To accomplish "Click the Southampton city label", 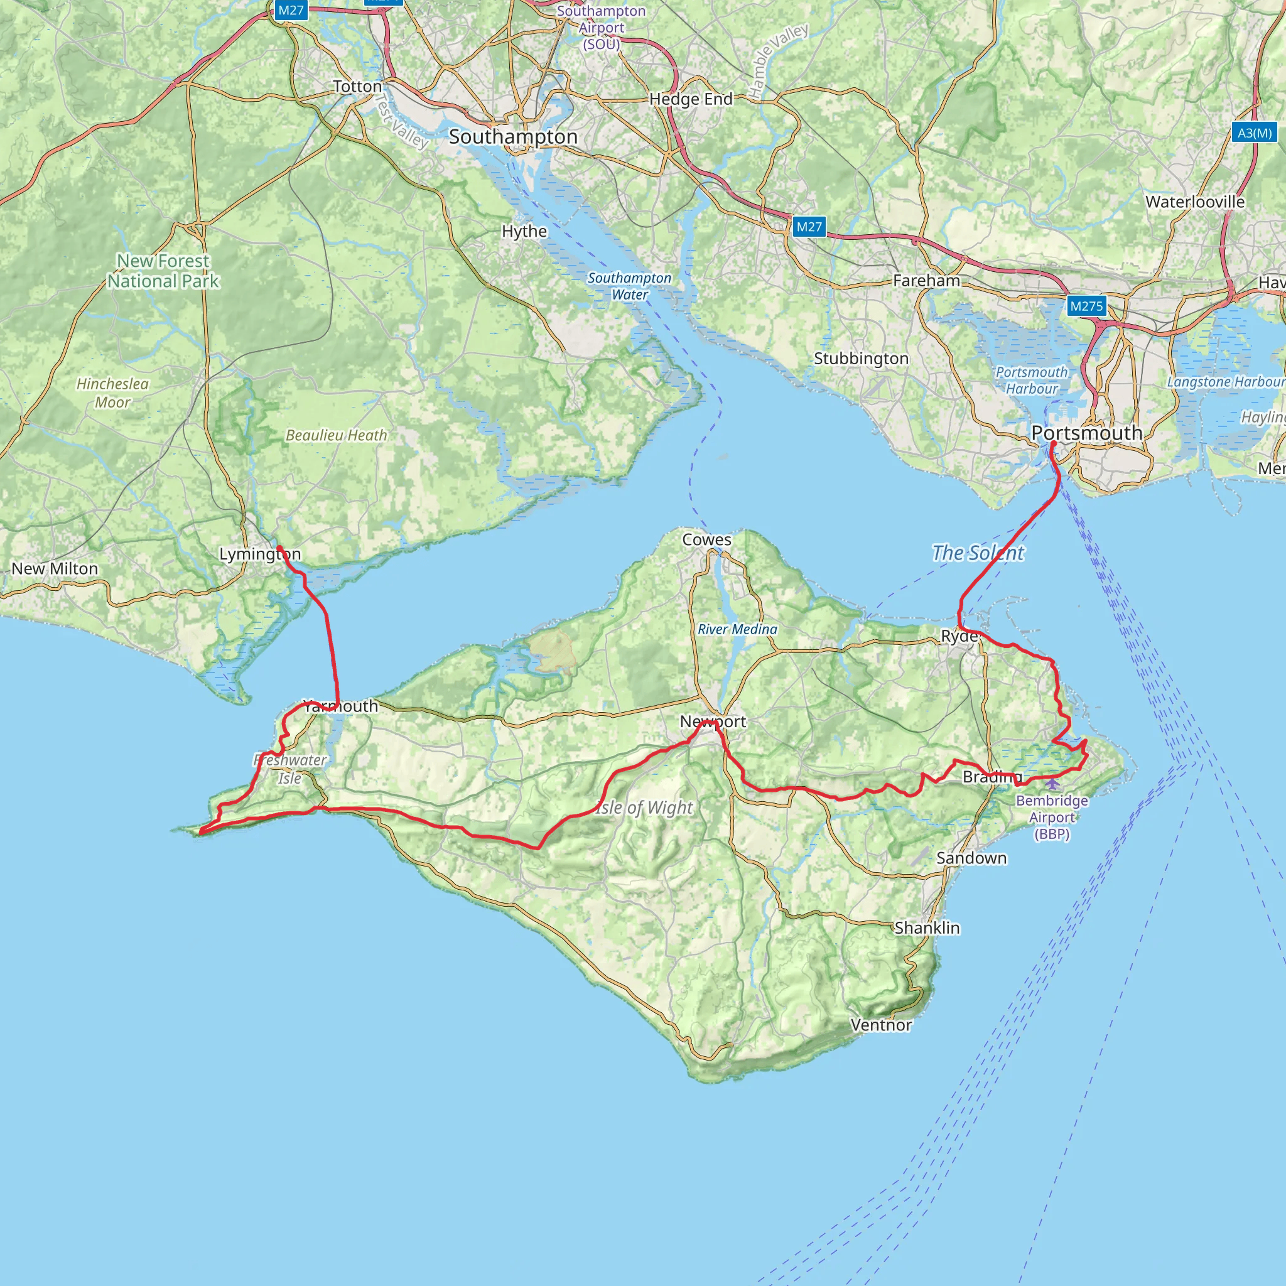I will tap(513, 137).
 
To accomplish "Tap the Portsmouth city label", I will tap(1086, 433).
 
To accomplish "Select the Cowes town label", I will tap(706, 540).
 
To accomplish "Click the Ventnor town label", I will tap(880, 1024).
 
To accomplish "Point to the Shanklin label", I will tap(927, 927).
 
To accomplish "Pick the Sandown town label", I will tap(971, 858).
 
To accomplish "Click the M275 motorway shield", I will tap(1086, 306).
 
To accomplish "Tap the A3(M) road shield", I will tap(1254, 132).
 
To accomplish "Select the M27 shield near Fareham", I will tap(809, 227).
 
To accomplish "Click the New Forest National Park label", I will tap(163, 271).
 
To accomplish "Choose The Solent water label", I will tap(977, 553).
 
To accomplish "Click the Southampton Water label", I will tap(629, 286).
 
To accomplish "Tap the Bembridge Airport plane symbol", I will tap(1052, 784).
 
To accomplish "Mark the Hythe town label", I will tap(524, 231).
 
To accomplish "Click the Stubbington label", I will tap(861, 358).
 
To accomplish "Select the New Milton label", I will tap(55, 568).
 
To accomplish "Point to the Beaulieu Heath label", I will tap(336, 435).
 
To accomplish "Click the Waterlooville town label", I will tap(1195, 202).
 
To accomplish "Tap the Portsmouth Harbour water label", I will tap(1031, 380).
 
